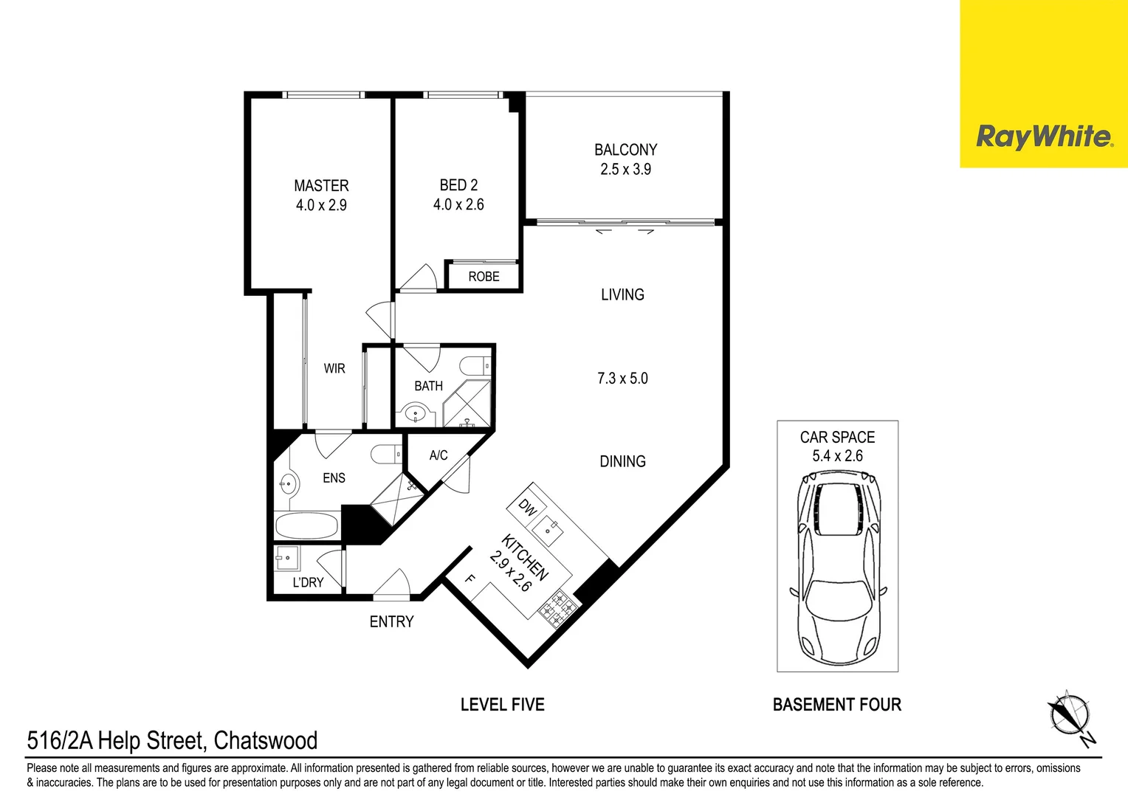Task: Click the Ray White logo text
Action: (1043, 137)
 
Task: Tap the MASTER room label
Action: (321, 186)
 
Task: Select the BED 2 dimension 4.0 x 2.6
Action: (458, 205)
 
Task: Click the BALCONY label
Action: (625, 150)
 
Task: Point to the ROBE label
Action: (484, 277)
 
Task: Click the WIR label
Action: (334, 368)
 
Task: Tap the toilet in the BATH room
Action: (474, 366)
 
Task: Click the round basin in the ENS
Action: (287, 485)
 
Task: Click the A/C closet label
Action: (439, 455)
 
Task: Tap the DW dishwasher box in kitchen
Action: (527, 507)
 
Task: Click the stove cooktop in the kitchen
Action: (559, 607)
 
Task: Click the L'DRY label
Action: (308, 582)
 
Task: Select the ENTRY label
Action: (391, 622)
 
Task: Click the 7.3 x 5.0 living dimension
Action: (622, 379)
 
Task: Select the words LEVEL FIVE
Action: (502, 705)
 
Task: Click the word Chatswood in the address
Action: (266, 740)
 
